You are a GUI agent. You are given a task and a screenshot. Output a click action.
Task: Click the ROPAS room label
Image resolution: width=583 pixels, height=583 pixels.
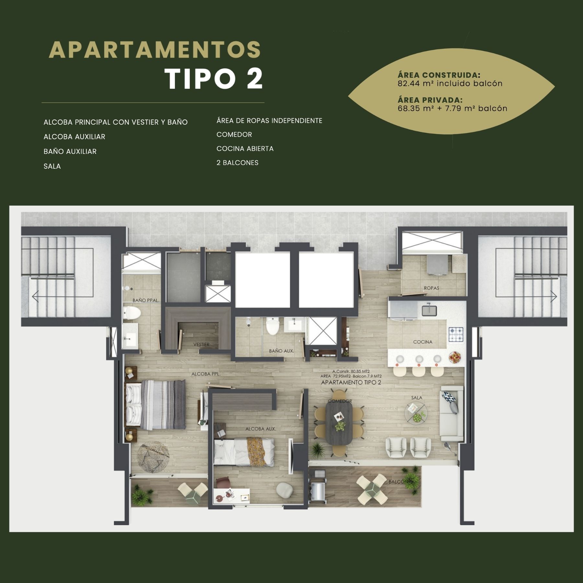(431, 288)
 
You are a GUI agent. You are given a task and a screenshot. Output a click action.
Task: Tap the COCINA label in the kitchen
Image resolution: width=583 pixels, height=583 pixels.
(423, 342)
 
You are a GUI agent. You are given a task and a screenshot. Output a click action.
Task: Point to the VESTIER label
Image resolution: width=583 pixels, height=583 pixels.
(201, 344)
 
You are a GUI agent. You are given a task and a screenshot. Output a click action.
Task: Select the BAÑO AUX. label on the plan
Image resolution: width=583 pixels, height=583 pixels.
(281, 351)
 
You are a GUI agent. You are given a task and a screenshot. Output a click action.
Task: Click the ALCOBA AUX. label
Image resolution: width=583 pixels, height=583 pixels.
(261, 429)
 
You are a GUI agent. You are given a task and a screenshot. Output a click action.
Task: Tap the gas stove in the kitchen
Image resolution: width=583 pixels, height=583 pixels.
(456, 335)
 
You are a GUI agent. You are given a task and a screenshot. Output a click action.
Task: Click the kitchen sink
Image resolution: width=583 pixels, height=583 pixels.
(429, 310)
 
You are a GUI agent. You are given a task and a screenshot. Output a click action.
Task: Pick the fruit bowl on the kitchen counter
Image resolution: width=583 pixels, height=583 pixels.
(455, 358)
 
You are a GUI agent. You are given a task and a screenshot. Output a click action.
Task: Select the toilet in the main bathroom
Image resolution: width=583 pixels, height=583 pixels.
(131, 313)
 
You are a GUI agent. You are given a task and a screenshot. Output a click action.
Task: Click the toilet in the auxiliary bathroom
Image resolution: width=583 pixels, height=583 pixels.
(272, 326)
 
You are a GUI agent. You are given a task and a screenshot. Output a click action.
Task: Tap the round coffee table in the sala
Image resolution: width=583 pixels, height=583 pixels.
(416, 413)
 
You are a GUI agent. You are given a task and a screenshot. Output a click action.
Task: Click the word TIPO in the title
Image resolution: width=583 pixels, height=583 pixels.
(200, 79)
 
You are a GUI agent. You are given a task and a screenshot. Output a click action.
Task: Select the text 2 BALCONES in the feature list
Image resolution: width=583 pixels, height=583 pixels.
(237, 163)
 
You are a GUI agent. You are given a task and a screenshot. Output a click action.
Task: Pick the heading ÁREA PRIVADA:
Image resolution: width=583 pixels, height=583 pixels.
(430, 100)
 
